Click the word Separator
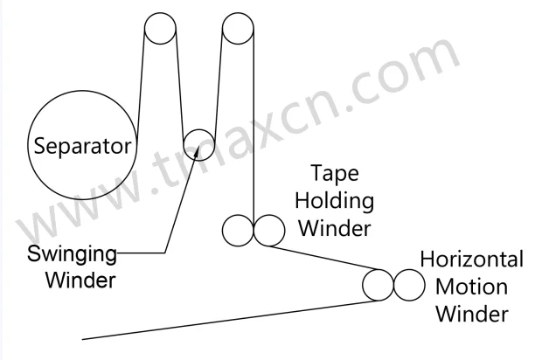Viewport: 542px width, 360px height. tap(82, 145)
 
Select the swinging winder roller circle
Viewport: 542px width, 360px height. tap(198, 142)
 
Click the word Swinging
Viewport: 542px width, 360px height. tap(73, 254)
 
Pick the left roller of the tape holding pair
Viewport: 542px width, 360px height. tap(238, 231)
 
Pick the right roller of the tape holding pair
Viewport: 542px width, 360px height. tap(268, 231)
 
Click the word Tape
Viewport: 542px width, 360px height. tap(333, 173)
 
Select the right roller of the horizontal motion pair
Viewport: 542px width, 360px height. tap(407, 284)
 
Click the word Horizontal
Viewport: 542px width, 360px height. tap(472, 260)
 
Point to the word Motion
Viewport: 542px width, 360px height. tap(472, 286)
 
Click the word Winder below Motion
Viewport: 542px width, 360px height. tap(472, 312)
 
